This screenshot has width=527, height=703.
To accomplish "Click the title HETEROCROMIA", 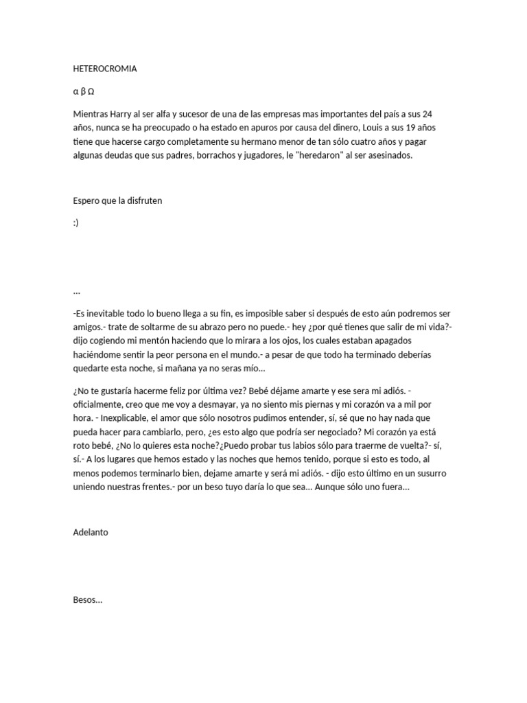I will pos(104,69).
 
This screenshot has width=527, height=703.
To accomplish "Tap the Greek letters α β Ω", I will pos(84,91).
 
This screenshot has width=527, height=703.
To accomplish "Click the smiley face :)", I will pos(76,222).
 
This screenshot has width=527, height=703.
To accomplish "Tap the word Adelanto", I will pos(91,532).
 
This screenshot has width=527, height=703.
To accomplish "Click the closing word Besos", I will pos(86,599).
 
